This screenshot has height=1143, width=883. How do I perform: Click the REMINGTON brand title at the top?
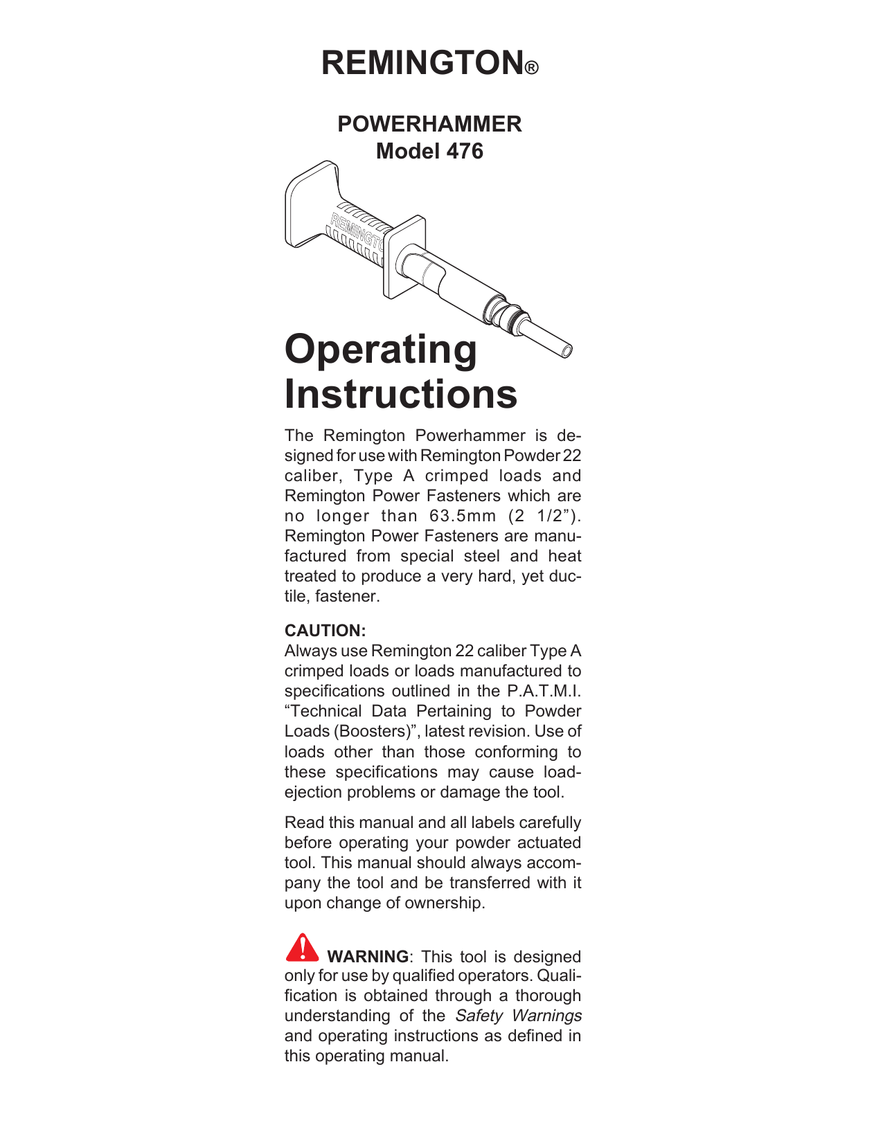pos(422,63)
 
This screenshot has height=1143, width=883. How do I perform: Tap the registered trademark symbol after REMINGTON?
pos(531,69)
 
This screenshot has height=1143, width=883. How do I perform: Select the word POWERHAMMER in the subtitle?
pos(429,124)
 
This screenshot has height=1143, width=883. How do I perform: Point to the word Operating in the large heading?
pos(381,350)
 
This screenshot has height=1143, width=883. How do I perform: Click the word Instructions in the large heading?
pos(401,394)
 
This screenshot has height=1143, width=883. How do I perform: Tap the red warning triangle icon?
pos(302,948)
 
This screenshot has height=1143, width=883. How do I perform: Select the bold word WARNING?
pos(368,957)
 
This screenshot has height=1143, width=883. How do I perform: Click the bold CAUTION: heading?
pos(325,631)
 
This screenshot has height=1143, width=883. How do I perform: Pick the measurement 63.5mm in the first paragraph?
pos(463,516)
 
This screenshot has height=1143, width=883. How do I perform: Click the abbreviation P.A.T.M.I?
pos(544,691)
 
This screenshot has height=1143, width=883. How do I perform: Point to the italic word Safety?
pos(479,1016)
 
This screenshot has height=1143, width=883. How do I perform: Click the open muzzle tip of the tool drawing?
pos(566,352)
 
